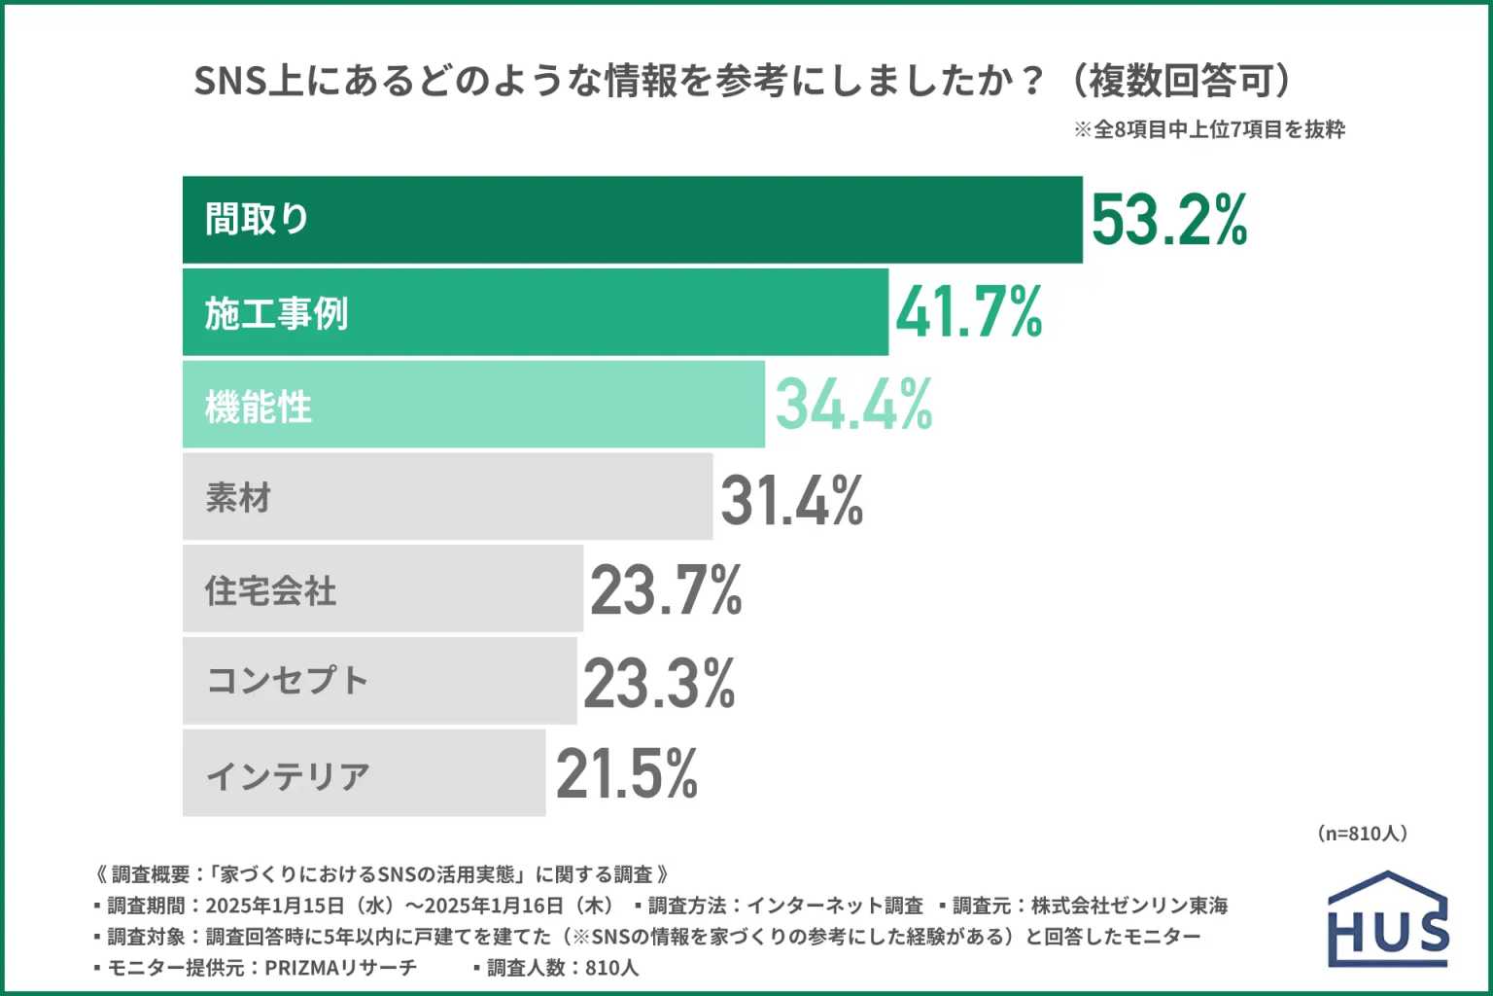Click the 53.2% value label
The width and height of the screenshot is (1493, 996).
tap(1169, 220)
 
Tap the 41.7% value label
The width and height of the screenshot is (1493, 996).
tap(968, 312)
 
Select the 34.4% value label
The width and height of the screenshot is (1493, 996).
tap(853, 405)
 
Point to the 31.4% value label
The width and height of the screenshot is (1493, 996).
tap(791, 500)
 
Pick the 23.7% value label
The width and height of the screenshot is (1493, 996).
tap(666, 590)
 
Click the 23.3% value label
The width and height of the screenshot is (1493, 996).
tap(659, 683)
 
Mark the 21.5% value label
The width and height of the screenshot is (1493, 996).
tap(627, 774)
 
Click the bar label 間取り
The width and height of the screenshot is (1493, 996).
tap(257, 220)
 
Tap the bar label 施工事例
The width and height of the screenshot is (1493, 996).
tap(276, 313)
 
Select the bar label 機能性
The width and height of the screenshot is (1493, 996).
tap(259, 407)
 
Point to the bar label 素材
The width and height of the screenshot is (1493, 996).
tap(238, 498)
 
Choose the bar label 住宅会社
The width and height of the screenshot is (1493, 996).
tap(270, 590)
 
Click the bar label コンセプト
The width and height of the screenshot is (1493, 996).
tap(288, 681)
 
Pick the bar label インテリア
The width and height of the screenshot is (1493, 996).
tap(289, 775)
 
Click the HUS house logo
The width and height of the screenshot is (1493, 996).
tap(1388, 920)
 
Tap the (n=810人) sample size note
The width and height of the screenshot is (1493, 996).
tap(1362, 834)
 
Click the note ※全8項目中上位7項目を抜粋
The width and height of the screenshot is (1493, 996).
tap(1209, 129)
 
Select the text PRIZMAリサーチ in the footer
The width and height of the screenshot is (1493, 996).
tap(340, 968)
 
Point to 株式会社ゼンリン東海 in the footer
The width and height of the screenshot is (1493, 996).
tap(1129, 906)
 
